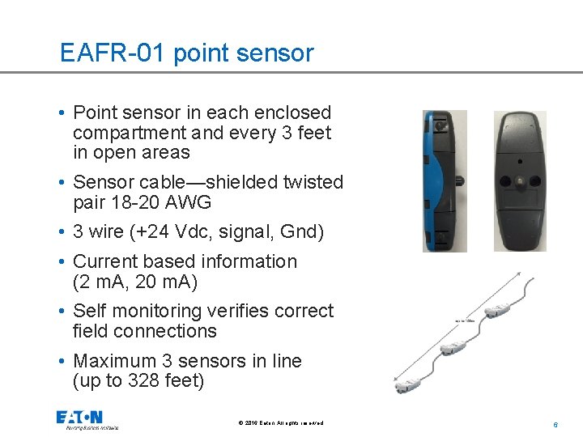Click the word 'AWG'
click(x=189, y=202)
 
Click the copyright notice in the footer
click(x=281, y=423)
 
